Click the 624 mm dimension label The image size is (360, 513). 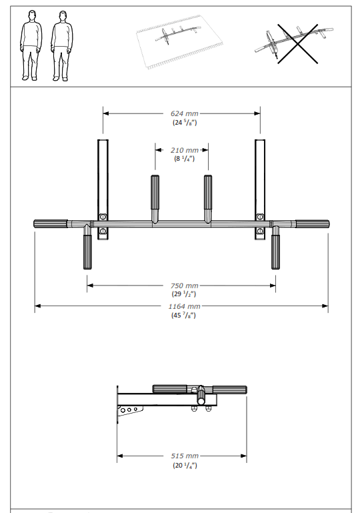pyautogui.click(x=181, y=113)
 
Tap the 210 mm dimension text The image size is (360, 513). pyautogui.click(x=181, y=150)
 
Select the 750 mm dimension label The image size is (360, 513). pyautogui.click(x=181, y=286)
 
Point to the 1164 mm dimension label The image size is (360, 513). pyautogui.click(x=181, y=307)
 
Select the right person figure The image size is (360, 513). pyautogui.click(x=61, y=45)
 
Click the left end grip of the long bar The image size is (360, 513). pyautogui.click(x=51, y=224)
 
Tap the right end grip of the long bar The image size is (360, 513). pyautogui.click(x=312, y=224)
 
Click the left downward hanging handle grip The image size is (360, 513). pyautogui.click(x=88, y=251)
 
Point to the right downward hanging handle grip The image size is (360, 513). pyautogui.click(x=275, y=251)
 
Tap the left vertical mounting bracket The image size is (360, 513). pyautogui.click(x=103, y=177)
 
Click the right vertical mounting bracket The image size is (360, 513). pyautogui.click(x=260, y=177)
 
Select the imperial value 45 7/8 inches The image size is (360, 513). pyautogui.click(x=181, y=315)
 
